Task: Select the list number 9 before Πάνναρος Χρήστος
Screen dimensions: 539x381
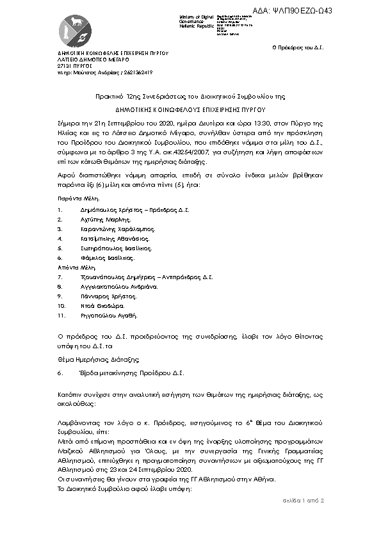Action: [59, 296]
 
